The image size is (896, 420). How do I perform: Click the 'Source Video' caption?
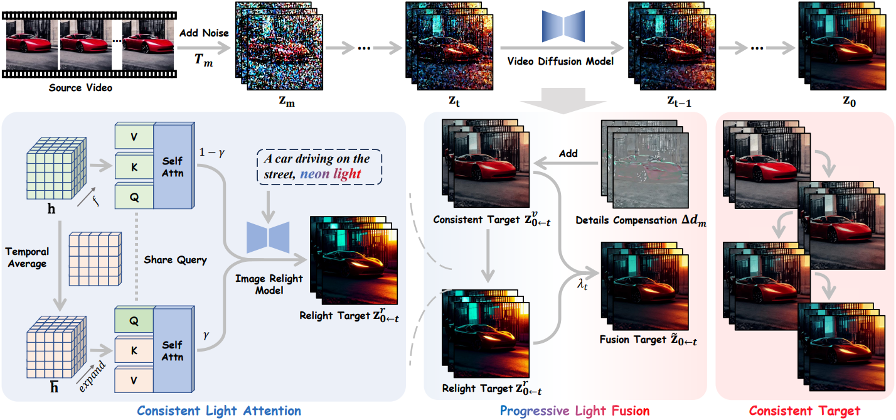point(80,88)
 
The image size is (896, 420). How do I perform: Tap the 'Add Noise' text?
point(204,33)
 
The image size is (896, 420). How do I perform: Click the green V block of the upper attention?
point(134,137)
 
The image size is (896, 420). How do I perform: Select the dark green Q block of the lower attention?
point(134,320)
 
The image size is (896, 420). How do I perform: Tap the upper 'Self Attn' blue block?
point(172,165)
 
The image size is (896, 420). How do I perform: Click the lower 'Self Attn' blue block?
point(172,350)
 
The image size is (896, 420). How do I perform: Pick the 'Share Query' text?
point(175,259)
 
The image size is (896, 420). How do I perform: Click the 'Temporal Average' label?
point(27,258)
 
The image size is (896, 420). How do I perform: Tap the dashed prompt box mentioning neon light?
point(321,166)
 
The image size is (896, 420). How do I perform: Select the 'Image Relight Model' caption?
point(269,284)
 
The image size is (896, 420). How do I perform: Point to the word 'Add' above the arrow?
point(569,153)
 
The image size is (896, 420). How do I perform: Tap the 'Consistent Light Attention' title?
point(219,411)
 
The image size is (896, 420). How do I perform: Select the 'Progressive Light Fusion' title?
point(574,411)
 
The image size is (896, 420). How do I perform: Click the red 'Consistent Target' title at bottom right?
point(804,411)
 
